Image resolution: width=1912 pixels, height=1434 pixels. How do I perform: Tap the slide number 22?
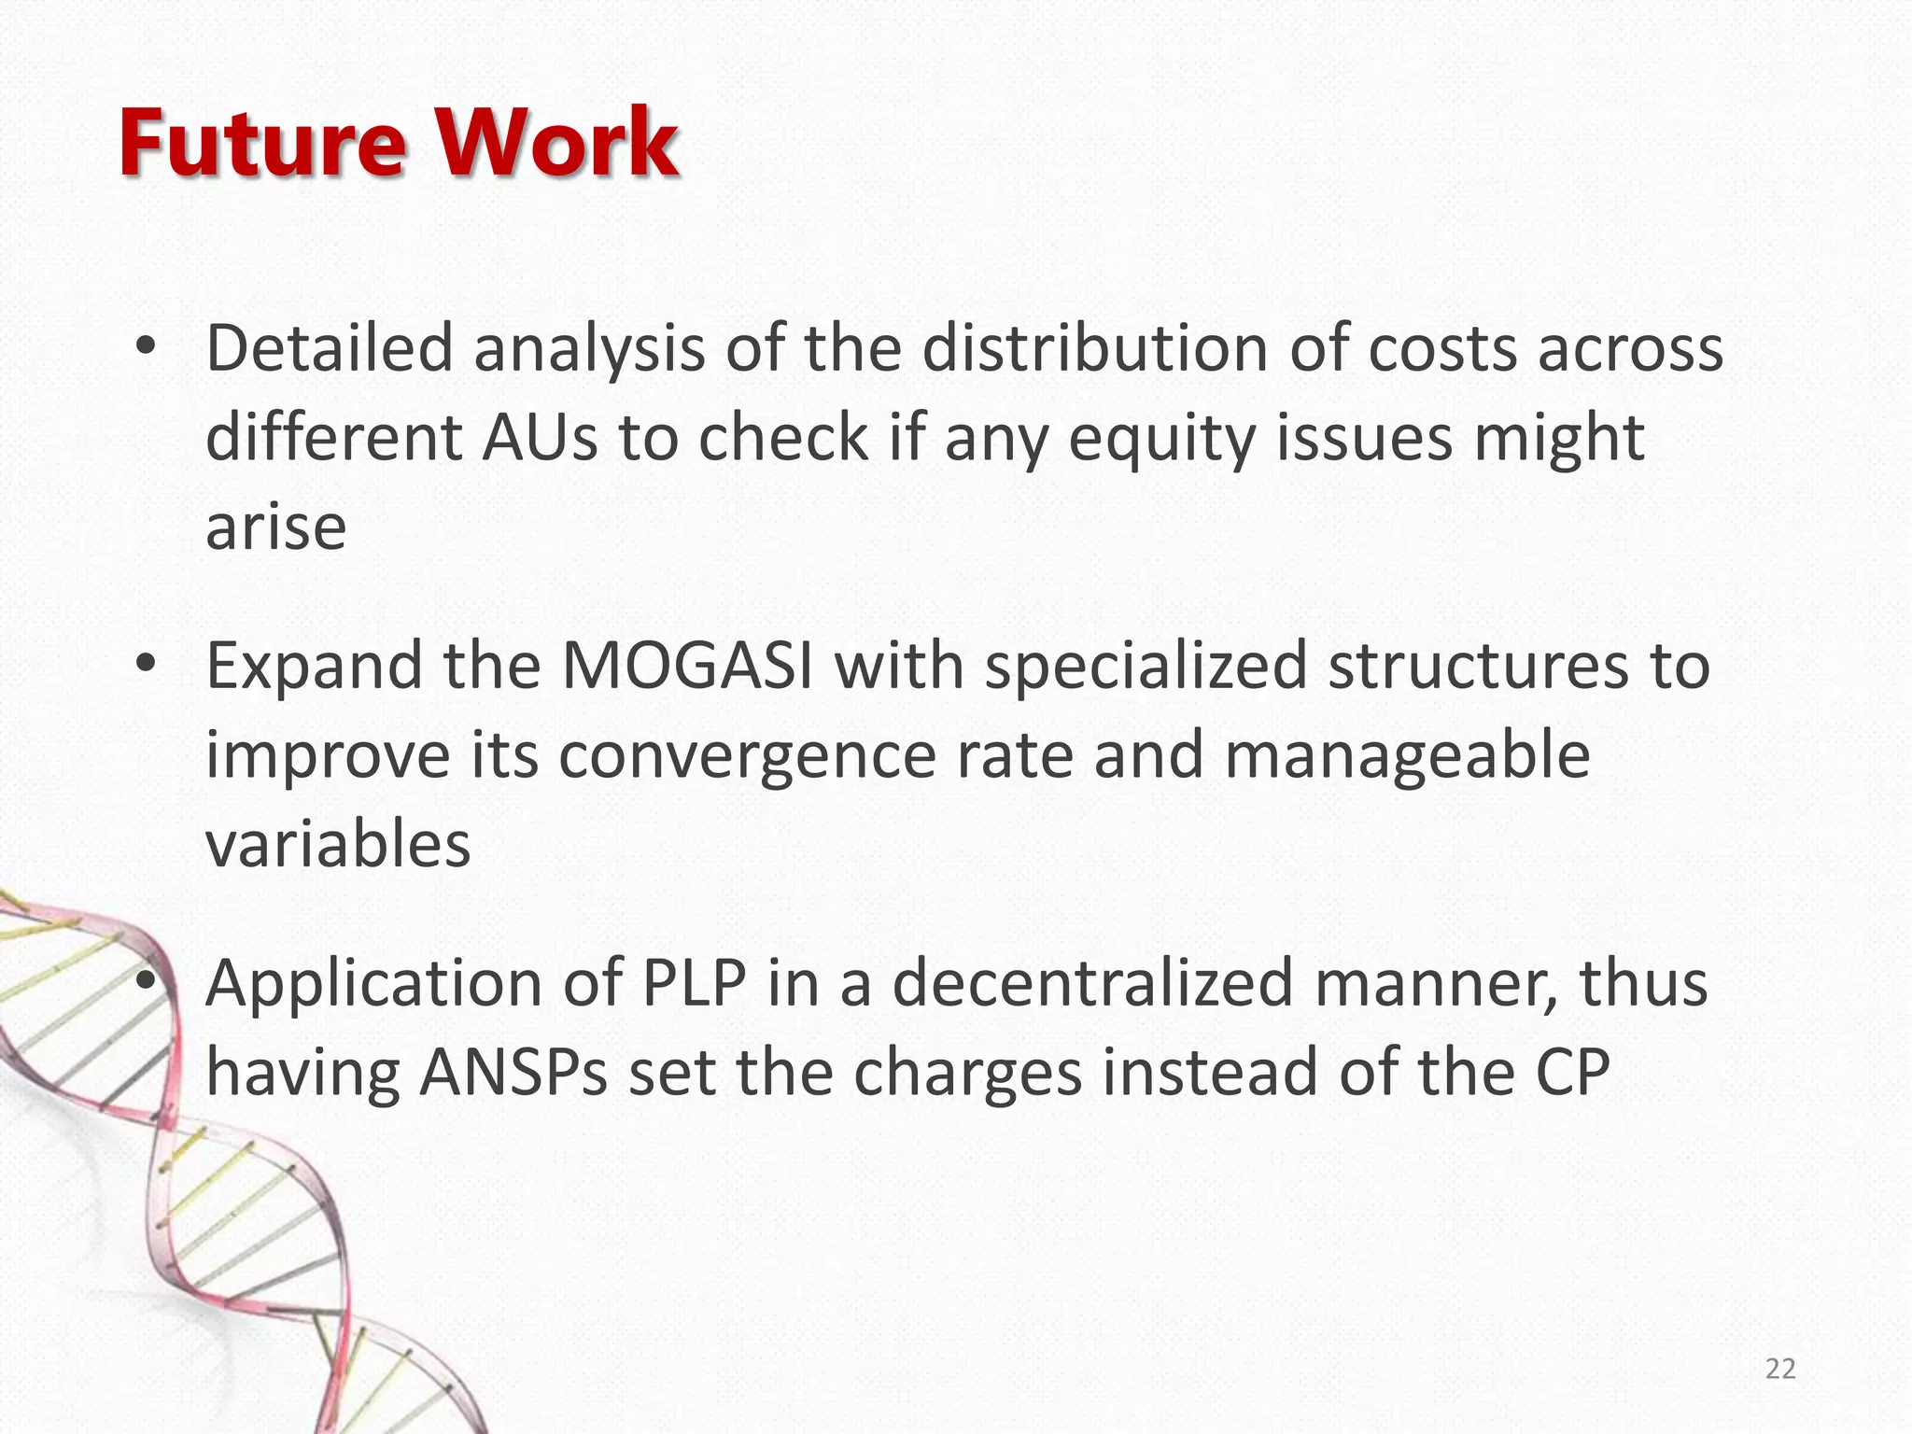(x=1780, y=1369)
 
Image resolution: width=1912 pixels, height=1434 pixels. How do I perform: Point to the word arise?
(x=275, y=527)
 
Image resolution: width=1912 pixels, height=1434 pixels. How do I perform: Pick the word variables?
(x=338, y=845)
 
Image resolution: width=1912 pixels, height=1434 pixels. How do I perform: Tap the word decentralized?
(x=1092, y=983)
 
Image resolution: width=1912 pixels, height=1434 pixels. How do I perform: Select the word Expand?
(x=314, y=668)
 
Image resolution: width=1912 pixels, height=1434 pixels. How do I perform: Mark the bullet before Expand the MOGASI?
(x=145, y=665)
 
